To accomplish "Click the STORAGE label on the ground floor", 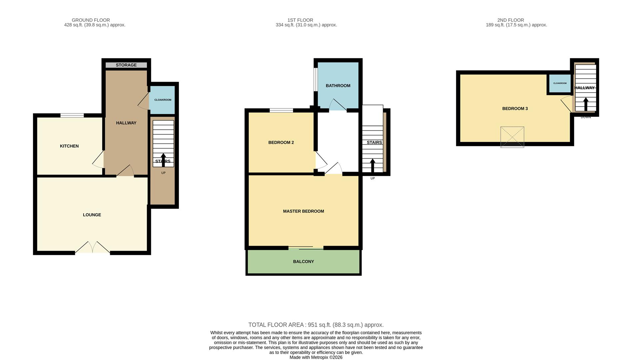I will pyautogui.click(x=126, y=65).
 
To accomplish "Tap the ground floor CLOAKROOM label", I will pyautogui.click(x=163, y=100).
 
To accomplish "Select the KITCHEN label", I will pyautogui.click(x=69, y=146).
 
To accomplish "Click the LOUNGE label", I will pyautogui.click(x=92, y=215).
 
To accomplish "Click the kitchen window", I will pyautogui.click(x=72, y=115).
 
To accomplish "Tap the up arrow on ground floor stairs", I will pyautogui.click(x=163, y=159).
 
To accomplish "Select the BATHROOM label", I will pyautogui.click(x=338, y=86).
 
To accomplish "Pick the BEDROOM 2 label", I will pyautogui.click(x=281, y=142).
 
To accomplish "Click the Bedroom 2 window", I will pyautogui.click(x=281, y=110).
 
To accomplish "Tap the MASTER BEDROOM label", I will pyautogui.click(x=303, y=211).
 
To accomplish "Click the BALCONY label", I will pyautogui.click(x=303, y=261).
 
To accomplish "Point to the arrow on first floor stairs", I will pyautogui.click(x=372, y=165).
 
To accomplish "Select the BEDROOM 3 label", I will pyautogui.click(x=515, y=108).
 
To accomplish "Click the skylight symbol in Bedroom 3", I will pyautogui.click(x=512, y=137).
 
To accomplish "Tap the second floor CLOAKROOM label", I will pyautogui.click(x=560, y=83).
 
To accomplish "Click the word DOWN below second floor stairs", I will pyautogui.click(x=585, y=117).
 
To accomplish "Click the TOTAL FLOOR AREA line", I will pyautogui.click(x=316, y=325).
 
